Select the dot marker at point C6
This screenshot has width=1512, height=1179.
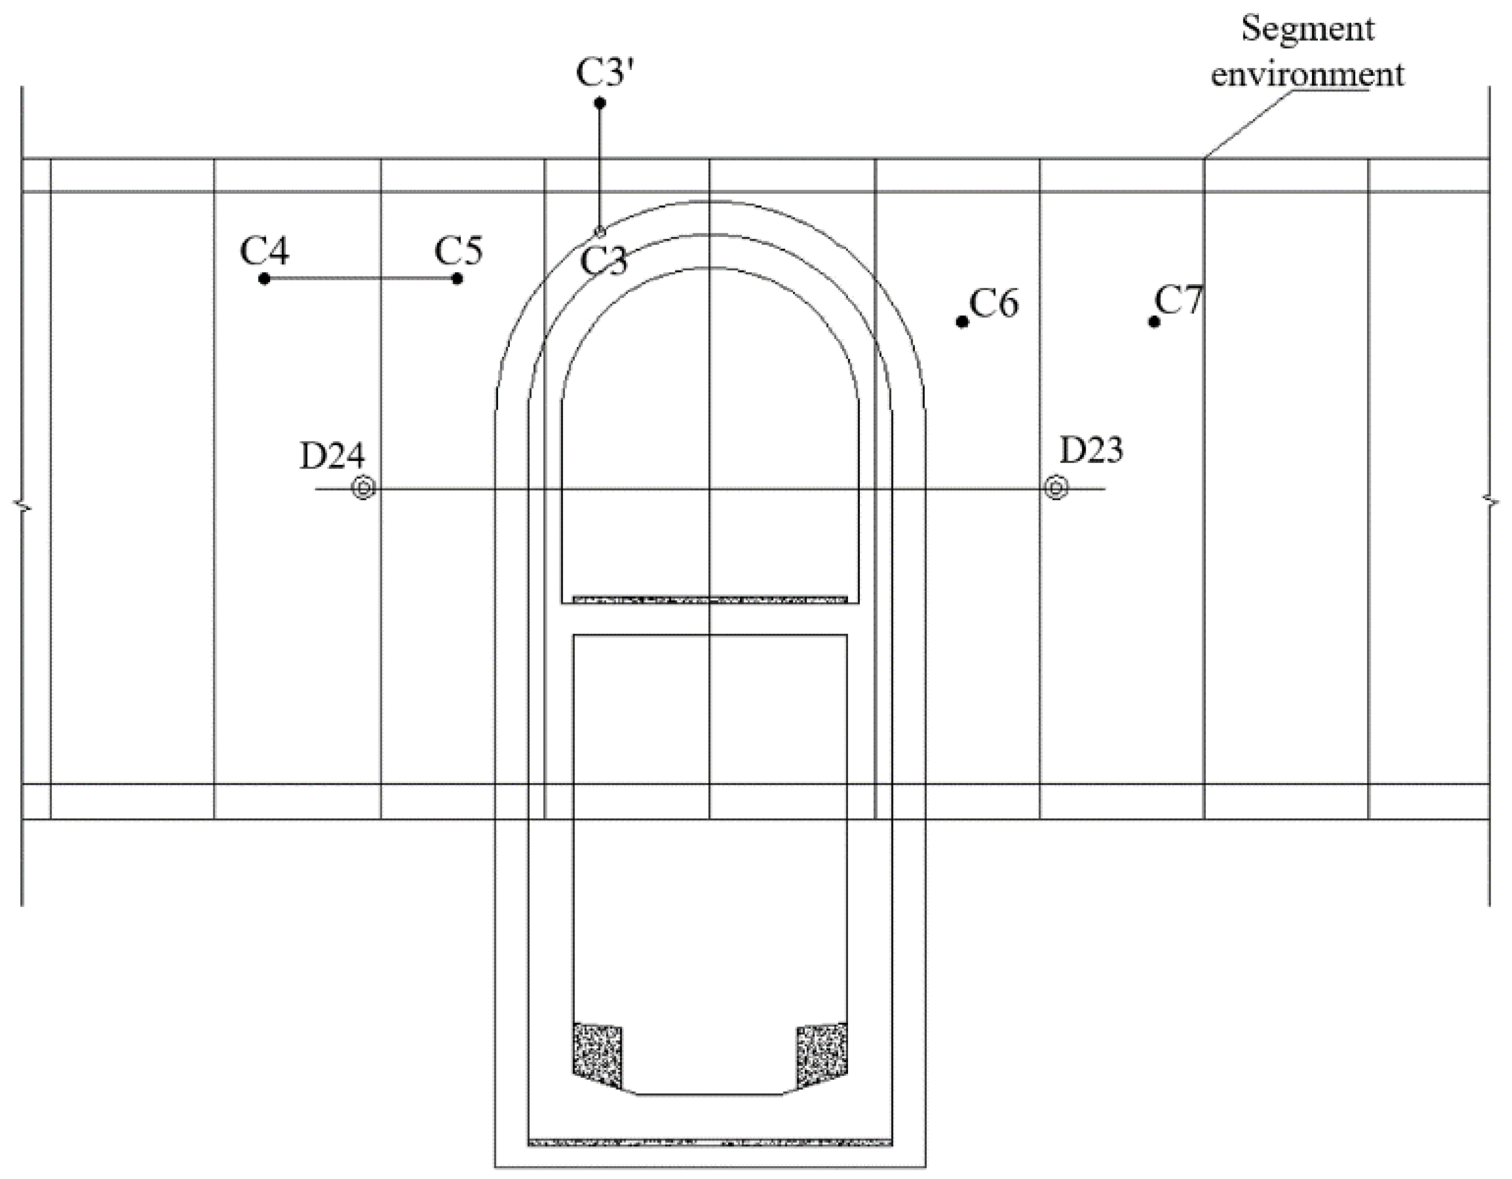(x=961, y=321)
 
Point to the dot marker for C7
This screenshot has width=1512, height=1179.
(x=1154, y=321)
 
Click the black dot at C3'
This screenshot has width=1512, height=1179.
(x=600, y=103)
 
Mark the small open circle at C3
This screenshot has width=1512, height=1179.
(x=600, y=231)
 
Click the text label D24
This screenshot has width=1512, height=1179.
(x=332, y=456)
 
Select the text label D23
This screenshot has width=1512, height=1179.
(x=1091, y=451)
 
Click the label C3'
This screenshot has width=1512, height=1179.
(x=605, y=73)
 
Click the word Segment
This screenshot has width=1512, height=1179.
(x=1307, y=29)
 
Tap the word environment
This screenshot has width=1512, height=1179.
(x=1307, y=74)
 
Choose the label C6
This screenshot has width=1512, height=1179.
(x=994, y=303)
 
